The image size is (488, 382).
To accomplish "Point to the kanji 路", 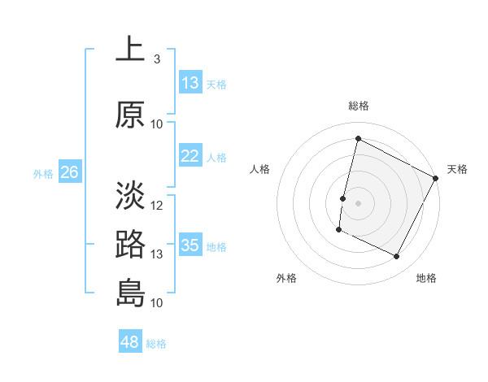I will (x=130, y=245).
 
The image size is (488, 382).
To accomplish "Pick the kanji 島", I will (x=130, y=293).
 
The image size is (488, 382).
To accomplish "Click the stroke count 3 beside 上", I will (x=157, y=59).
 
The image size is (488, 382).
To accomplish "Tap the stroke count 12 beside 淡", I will (x=157, y=206).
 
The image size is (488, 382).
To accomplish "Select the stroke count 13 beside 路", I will (x=157, y=254).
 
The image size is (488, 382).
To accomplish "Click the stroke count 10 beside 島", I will (x=157, y=303).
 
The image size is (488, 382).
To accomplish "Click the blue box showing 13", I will (x=190, y=83).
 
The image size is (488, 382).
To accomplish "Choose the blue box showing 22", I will (x=190, y=156).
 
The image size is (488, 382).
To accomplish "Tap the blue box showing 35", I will (x=190, y=245).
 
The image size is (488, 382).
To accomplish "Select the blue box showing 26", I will (x=69, y=172).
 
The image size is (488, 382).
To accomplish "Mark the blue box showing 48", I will (x=130, y=342).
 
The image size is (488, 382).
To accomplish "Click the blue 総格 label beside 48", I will (x=156, y=344).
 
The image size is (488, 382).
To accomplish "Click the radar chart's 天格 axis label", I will (x=457, y=169).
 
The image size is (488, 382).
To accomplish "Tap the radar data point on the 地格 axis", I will (x=397, y=257).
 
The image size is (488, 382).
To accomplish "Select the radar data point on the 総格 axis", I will (x=358, y=139).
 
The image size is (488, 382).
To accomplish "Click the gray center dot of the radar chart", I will (x=358, y=202).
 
